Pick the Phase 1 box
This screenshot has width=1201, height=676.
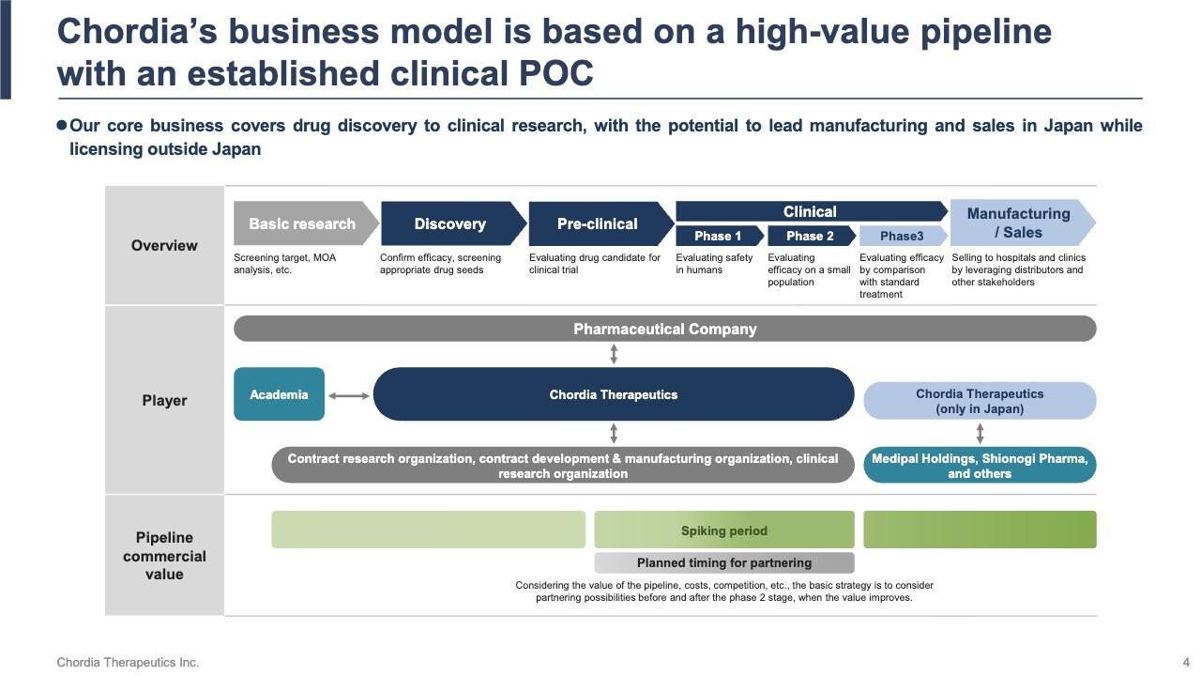click(718, 236)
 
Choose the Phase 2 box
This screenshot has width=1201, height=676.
click(810, 236)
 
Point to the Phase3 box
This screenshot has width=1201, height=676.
click(902, 236)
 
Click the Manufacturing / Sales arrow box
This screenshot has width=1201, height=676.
click(1019, 223)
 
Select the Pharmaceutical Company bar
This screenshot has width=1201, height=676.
click(664, 329)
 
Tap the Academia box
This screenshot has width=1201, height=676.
click(279, 394)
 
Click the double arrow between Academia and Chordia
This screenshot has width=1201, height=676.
click(349, 396)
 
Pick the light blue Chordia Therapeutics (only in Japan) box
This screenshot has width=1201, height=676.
click(980, 401)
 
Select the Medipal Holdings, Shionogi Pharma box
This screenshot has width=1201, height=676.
click(980, 466)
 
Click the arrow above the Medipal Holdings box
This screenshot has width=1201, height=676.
click(980, 433)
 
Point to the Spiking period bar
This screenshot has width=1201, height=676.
click(724, 530)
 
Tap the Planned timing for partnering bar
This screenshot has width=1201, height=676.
click(724, 563)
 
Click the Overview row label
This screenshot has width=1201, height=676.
click(164, 246)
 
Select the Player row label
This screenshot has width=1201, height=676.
click(164, 401)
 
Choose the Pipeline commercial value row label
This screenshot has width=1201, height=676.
click(164, 556)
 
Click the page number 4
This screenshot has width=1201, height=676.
click(1186, 663)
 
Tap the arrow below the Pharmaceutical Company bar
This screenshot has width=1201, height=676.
click(614, 353)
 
